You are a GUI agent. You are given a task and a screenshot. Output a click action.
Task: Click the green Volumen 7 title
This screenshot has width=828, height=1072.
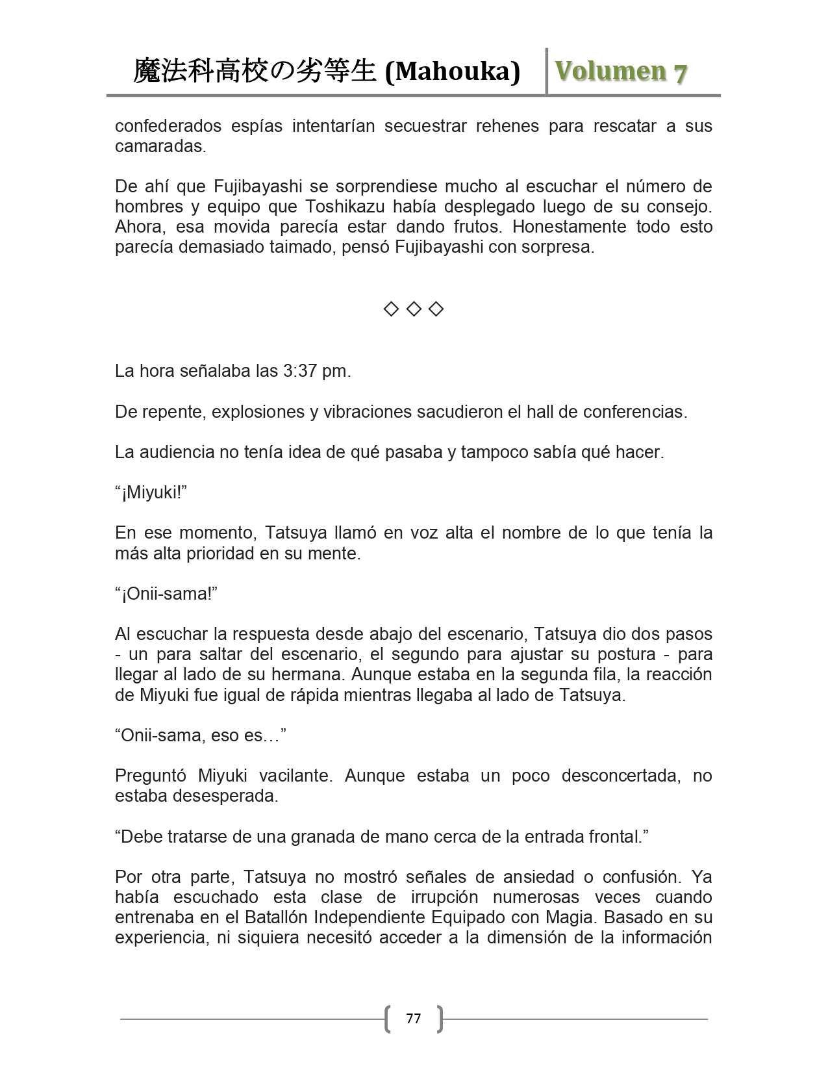coord(621,71)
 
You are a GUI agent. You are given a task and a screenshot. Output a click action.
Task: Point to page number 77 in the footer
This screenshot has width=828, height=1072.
coord(413,1018)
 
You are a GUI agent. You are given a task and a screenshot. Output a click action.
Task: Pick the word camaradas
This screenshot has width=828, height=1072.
coord(160,146)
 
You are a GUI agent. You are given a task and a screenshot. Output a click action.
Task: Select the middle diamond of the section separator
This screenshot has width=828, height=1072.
coord(413,309)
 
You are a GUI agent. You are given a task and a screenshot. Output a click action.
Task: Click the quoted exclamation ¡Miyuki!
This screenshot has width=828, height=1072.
coord(151,492)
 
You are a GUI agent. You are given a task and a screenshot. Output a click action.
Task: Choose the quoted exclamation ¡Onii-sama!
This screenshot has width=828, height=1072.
coord(166,594)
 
